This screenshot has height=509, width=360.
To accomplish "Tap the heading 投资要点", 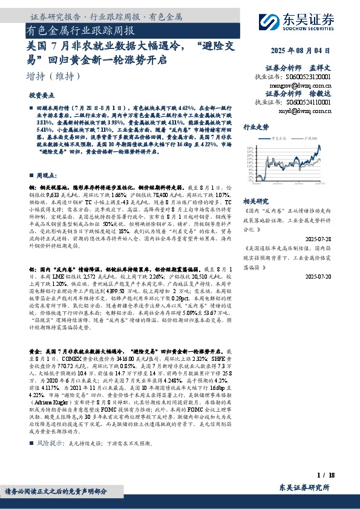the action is (42, 96).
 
